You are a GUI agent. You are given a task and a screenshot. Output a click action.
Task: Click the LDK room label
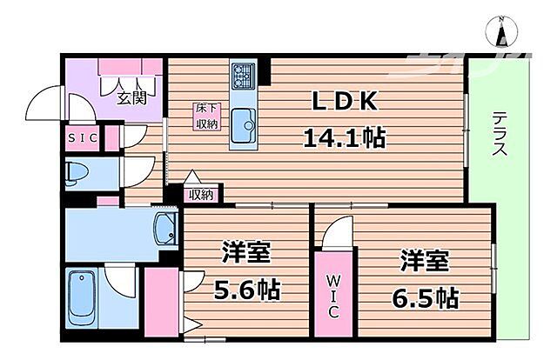tap(345, 102)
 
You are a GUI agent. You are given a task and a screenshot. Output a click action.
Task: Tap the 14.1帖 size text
tap(345, 137)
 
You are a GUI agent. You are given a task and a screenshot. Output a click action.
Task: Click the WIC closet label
tap(335, 295)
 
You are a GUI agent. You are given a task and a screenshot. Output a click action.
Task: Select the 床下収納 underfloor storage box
tap(205, 117)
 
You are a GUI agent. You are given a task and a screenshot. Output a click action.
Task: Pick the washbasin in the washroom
tap(164, 229)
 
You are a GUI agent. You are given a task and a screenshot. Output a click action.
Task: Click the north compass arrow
tap(502, 33)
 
